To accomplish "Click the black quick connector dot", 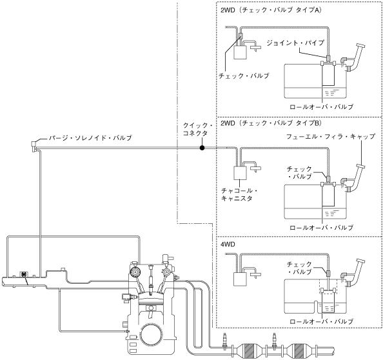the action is [202, 148].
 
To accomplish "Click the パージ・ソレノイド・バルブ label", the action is [90, 138].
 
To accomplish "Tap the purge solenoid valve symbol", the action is [34, 146].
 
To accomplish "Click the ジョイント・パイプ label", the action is [295, 43].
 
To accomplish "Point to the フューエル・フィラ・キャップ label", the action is [331, 136].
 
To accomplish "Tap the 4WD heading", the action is [228, 244].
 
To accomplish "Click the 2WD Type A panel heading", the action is [271, 10].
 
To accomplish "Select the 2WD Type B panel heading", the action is [271, 123].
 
